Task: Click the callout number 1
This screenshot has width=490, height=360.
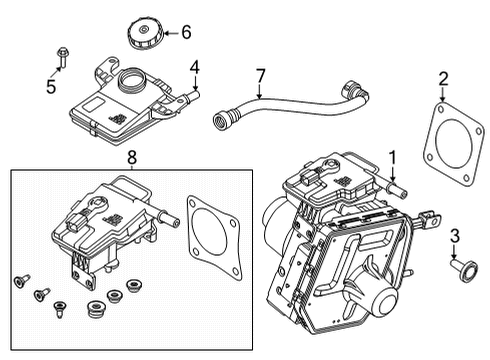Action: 393,156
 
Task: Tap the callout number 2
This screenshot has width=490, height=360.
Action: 443,78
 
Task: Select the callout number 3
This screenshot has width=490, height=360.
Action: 454,235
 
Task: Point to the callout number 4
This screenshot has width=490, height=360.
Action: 196,68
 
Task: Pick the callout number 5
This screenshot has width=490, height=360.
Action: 52,86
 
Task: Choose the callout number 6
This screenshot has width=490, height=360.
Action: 185,33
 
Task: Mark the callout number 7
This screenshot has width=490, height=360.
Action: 260,75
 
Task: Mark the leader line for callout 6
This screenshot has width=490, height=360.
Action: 170,33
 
